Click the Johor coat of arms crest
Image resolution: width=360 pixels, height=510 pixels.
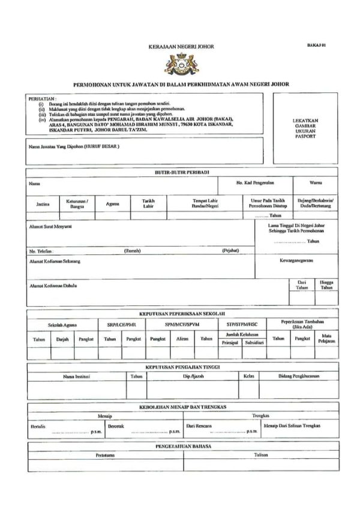181,64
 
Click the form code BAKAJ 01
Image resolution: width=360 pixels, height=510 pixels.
316,45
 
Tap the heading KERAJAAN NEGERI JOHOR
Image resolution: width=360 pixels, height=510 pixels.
181,46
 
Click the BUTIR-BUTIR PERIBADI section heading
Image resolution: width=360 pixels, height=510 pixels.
181,172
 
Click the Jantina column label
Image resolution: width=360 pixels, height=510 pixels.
43,204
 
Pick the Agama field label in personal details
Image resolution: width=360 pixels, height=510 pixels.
113,204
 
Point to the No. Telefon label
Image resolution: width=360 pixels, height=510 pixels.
41,250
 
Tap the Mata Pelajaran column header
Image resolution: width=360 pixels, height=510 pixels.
327,338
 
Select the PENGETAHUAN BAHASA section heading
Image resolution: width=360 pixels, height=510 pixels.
181,446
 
